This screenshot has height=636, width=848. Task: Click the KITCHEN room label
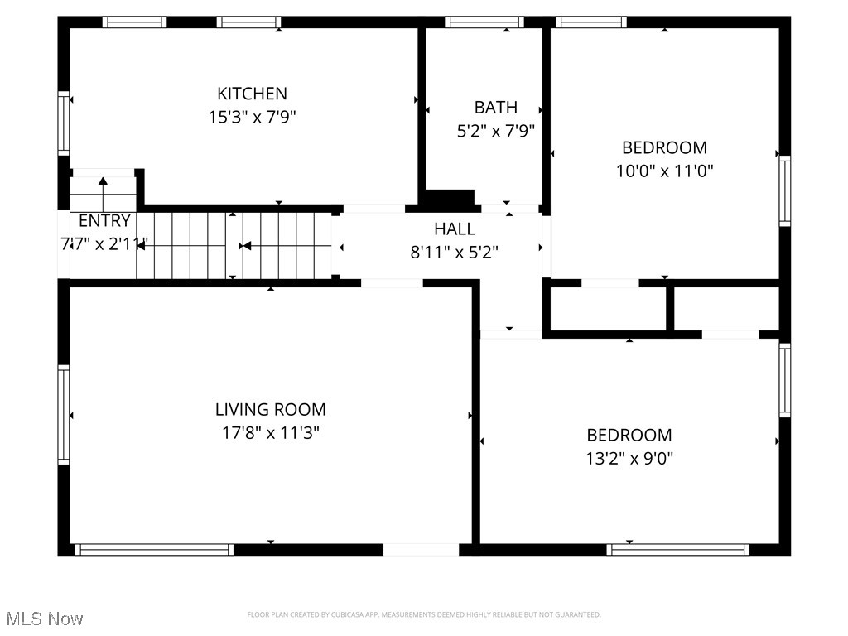(x=252, y=94)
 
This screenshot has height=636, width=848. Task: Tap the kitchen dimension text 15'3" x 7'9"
(x=252, y=117)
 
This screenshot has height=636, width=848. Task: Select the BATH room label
(x=495, y=107)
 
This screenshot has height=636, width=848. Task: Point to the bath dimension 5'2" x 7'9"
(x=495, y=130)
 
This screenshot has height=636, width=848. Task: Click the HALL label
(x=455, y=229)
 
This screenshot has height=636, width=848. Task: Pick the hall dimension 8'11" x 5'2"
(x=455, y=252)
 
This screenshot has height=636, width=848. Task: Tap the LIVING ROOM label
(x=270, y=409)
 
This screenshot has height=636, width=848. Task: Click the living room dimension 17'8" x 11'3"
(x=270, y=432)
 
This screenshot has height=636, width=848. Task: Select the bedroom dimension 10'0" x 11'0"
(x=664, y=171)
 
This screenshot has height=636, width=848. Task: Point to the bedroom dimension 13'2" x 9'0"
(x=629, y=458)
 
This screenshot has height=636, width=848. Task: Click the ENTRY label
(x=104, y=221)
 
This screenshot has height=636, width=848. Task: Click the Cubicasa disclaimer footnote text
(x=423, y=614)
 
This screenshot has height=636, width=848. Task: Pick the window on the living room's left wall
(x=63, y=413)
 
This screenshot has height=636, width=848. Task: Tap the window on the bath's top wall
(x=484, y=22)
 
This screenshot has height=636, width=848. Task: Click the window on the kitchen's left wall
(x=63, y=123)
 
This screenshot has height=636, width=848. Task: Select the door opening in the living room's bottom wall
(x=421, y=549)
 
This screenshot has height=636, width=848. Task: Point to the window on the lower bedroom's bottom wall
(x=677, y=549)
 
